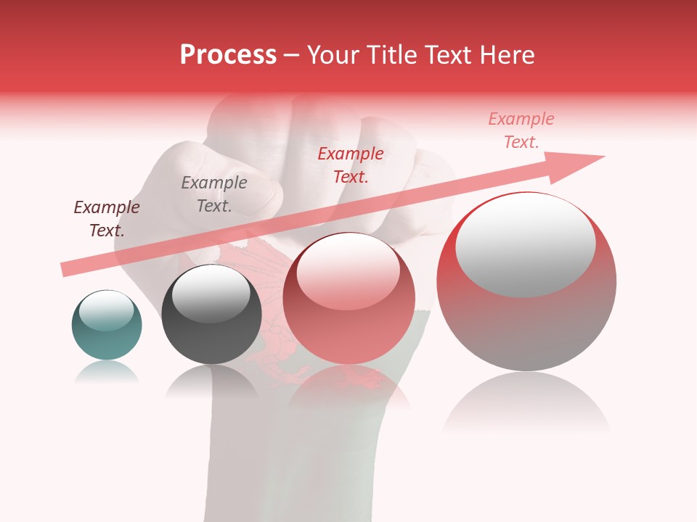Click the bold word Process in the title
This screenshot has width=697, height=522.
(x=228, y=55)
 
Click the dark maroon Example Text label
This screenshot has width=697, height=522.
(x=107, y=218)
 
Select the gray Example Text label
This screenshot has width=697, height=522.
(x=214, y=194)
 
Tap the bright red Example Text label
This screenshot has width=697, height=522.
(x=351, y=165)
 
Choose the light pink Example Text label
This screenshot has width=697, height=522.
(x=521, y=130)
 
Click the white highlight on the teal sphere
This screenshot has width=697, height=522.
(x=107, y=310)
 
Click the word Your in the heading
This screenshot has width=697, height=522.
(x=331, y=55)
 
